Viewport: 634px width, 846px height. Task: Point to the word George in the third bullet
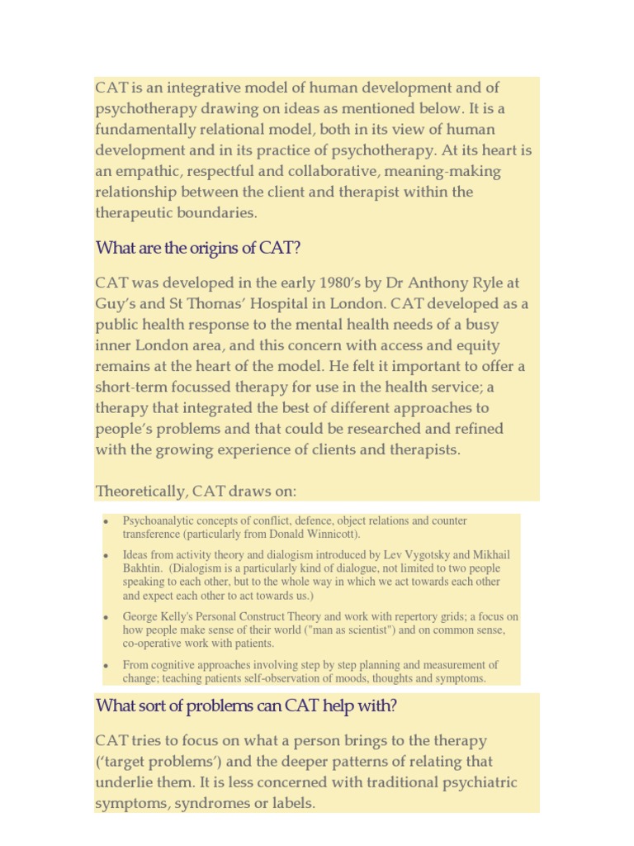[x=140, y=616]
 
